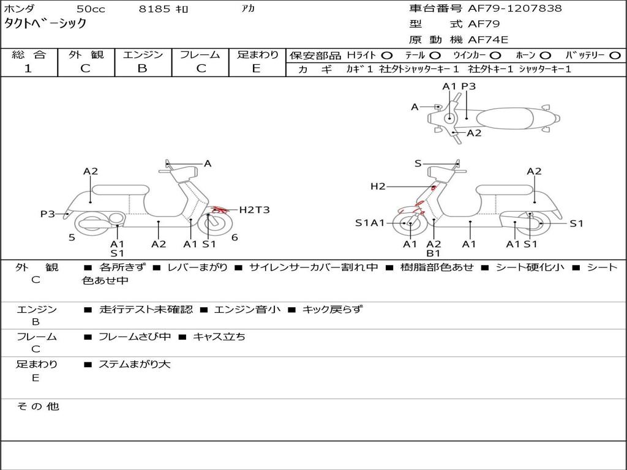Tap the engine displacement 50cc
point(90,9)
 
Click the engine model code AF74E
point(488,40)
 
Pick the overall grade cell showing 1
point(28,69)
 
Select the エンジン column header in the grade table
point(143,54)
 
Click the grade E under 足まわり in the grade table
point(257,69)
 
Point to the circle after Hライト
point(386,55)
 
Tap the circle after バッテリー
point(615,55)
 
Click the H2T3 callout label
point(254,210)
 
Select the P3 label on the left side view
point(48,214)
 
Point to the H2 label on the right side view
point(378,186)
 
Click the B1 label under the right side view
point(434,253)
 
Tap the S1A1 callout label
point(370,223)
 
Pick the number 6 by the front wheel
point(235,237)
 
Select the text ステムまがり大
point(134,364)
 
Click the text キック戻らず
point(332,309)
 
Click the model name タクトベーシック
point(45,24)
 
